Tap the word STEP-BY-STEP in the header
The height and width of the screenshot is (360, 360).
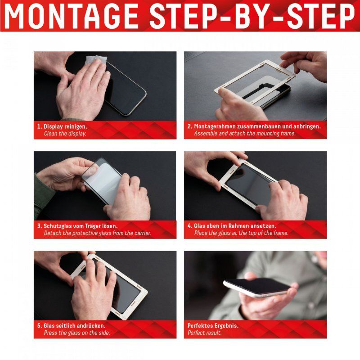(252, 17)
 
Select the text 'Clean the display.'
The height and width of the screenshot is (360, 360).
(65, 134)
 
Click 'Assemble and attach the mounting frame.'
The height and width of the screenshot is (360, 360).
(244, 134)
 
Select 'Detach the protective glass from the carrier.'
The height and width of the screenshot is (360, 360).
(97, 233)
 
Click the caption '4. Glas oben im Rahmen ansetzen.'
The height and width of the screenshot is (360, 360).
(231, 226)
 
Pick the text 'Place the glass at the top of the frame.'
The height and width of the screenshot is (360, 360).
(241, 233)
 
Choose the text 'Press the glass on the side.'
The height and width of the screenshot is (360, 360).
(76, 333)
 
